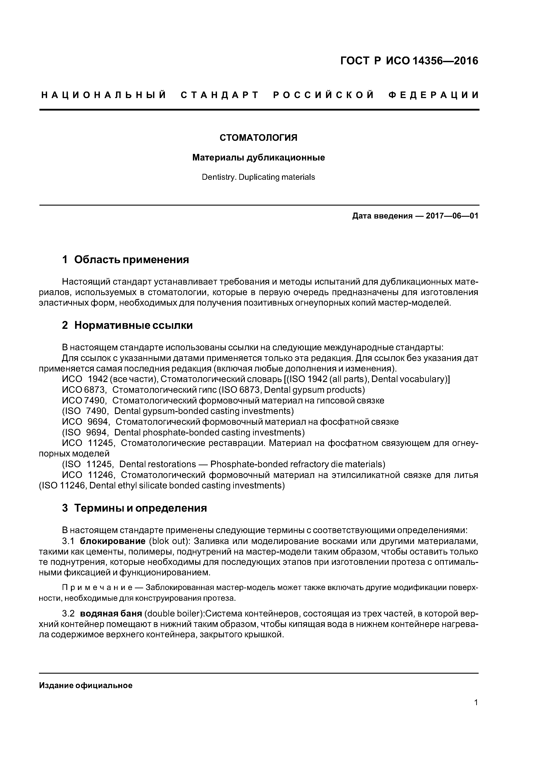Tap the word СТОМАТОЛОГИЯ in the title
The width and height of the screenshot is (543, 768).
pos(258,138)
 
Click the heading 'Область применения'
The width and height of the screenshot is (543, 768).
pos(132,260)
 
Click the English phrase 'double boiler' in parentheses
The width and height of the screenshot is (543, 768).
pos(174,614)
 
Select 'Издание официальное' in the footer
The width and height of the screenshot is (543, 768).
pos(86,686)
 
